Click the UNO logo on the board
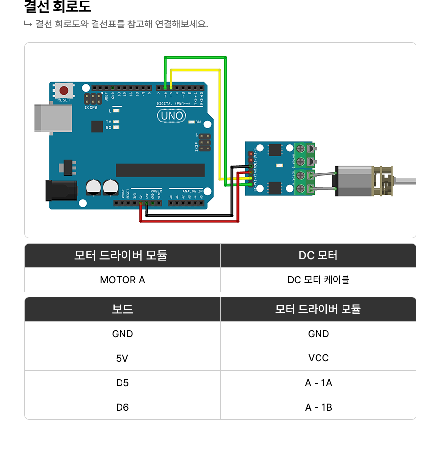[x=171, y=116]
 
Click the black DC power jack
[x=60, y=191]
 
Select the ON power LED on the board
[x=192, y=122]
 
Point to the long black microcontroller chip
[x=160, y=170]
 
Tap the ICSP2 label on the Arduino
[x=91, y=107]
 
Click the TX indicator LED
[x=116, y=122]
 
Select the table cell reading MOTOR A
[x=122, y=280]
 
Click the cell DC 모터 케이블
[x=318, y=280]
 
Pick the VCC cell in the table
[x=318, y=358]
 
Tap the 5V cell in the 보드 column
[x=122, y=358]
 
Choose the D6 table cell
[x=122, y=407]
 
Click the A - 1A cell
[x=318, y=383]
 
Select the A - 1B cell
[x=318, y=407]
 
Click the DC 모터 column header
[x=318, y=255]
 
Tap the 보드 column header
[x=122, y=309]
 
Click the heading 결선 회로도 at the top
[x=58, y=7]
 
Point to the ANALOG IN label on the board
[x=193, y=191]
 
